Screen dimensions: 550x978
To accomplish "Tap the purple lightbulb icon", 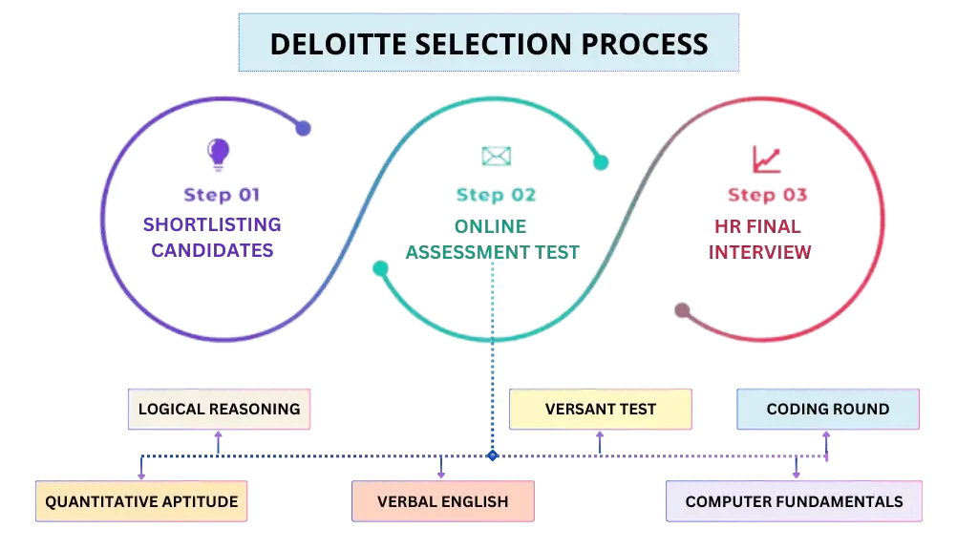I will tap(220, 153).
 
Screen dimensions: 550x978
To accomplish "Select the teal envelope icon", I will tap(495, 156).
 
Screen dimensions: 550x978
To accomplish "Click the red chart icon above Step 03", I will tap(767, 159).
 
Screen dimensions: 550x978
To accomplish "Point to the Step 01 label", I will tap(221, 196).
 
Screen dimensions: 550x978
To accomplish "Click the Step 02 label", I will tap(495, 196).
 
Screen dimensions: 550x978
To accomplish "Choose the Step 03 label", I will tap(767, 196).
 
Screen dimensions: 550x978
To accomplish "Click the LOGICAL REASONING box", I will tap(219, 409).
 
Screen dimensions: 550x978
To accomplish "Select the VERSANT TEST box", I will tap(600, 409).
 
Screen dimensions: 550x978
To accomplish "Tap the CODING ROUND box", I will tap(827, 409).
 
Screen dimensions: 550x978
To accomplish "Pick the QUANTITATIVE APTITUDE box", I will tap(141, 501).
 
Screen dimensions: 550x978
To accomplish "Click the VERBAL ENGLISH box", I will tap(442, 501).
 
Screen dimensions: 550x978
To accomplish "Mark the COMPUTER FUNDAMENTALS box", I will tap(794, 501).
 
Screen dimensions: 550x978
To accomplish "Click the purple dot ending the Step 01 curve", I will tap(303, 128).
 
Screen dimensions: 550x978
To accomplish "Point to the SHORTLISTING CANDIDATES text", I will tap(211, 238).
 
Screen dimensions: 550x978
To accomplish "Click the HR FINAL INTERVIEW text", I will tap(758, 239).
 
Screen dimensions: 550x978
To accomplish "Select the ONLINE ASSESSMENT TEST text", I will tap(492, 239).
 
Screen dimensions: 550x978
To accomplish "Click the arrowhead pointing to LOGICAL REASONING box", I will tap(219, 436).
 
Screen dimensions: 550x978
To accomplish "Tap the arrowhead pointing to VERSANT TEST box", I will tap(600, 436).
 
